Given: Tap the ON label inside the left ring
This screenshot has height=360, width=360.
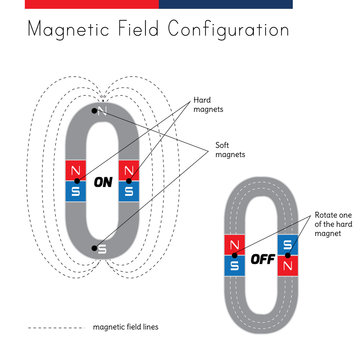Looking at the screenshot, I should point(102,183).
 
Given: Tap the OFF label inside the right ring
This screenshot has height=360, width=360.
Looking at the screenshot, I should point(263,259).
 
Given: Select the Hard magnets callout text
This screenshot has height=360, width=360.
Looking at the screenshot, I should point(207,103).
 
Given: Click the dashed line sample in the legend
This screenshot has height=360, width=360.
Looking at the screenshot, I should point(55,327).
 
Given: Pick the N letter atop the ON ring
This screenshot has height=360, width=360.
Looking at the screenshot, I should point(100,108).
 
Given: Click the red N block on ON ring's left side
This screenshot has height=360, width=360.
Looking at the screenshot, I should point(75,172).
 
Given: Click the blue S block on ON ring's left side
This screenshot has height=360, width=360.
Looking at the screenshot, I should point(75,190).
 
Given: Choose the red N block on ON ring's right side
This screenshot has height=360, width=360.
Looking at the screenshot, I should point(128,172).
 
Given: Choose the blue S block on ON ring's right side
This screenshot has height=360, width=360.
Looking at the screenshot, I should point(128,190).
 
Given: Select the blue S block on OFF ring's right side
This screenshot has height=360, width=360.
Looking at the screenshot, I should point(289,246).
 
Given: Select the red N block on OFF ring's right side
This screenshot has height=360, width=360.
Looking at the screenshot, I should point(289,265).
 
